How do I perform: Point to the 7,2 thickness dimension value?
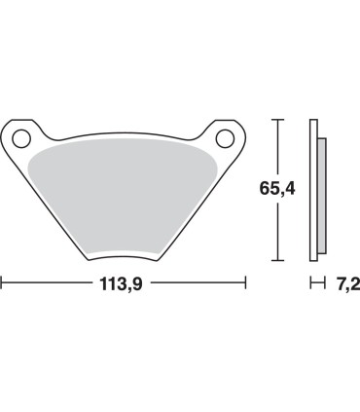343,284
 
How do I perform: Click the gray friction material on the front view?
125,195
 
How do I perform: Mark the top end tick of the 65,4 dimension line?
277,121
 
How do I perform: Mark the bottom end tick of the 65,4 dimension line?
277,260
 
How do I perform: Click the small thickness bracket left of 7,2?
315,284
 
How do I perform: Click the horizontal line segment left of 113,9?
49,284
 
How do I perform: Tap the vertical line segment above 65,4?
277,146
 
